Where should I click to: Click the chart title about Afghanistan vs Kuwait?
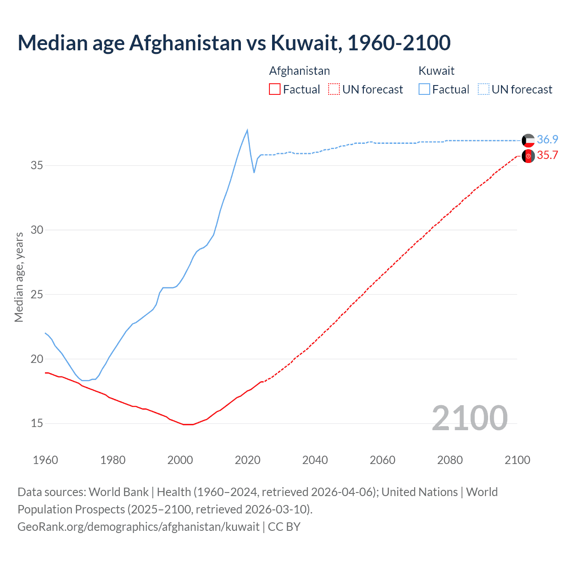[234, 43]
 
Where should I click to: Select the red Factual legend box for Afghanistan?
[275, 90]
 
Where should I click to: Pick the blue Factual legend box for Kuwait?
[424, 90]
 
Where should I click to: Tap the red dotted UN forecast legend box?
[334, 90]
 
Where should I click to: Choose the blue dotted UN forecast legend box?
[484, 90]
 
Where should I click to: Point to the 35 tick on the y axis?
[37, 166]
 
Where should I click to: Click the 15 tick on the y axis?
[37, 423]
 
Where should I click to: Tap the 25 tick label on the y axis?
[37, 295]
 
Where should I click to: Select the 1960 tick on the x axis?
[45, 460]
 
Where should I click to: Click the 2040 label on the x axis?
[315, 460]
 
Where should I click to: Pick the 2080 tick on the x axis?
[450, 460]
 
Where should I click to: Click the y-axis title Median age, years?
[19, 277]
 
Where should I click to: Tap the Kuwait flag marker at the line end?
[528, 140]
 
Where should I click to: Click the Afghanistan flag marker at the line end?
[528, 156]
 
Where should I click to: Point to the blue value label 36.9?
[547, 139]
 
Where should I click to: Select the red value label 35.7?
[547, 155]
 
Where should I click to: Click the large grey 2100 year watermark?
[469, 418]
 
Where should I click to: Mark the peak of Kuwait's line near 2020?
[247, 130]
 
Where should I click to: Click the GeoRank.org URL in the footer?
[138, 527]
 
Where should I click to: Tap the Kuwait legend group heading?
[436, 71]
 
